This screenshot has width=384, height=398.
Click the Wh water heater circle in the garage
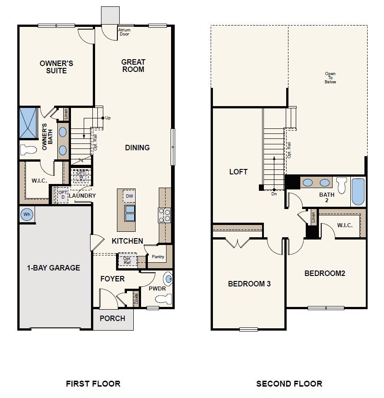(27, 214)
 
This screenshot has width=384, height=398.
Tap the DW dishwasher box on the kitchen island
(129, 196)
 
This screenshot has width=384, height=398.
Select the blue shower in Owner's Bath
(28, 123)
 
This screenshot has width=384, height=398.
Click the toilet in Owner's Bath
(28, 150)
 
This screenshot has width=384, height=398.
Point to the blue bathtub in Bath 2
(358, 192)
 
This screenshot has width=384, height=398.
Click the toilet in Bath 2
(341, 185)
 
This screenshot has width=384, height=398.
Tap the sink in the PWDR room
(168, 279)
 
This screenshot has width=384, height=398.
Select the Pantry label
(158, 257)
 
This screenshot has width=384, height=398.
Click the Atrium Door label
(124, 32)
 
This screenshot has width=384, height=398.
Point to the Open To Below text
(330, 78)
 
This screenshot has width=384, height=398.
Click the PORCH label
(112, 318)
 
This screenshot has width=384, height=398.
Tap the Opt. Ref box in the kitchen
(127, 260)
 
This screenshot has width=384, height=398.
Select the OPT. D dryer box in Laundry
(62, 195)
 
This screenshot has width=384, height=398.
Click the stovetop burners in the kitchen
(164, 215)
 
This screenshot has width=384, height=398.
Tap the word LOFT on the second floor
(238, 172)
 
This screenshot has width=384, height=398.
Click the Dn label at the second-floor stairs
(274, 194)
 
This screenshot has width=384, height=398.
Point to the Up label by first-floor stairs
(108, 118)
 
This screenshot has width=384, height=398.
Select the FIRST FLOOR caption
(93, 383)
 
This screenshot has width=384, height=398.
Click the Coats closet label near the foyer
(136, 299)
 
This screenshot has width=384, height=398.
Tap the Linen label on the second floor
(313, 217)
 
